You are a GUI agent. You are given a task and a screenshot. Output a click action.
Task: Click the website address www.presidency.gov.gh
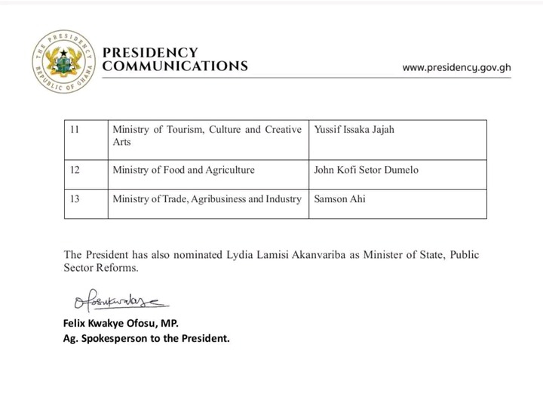[x=456, y=66]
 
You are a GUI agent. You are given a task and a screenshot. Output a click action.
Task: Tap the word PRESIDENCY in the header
[x=150, y=53]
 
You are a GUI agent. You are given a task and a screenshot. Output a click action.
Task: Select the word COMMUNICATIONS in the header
[x=174, y=66]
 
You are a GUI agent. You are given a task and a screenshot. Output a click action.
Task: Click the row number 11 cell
[x=74, y=131]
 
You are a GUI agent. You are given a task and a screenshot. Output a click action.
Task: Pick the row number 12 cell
[x=74, y=170]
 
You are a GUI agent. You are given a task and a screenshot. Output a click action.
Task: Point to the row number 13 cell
[x=74, y=199]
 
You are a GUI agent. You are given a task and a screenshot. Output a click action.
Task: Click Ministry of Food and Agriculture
[x=183, y=170]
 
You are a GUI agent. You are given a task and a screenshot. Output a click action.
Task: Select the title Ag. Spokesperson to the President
[x=146, y=338]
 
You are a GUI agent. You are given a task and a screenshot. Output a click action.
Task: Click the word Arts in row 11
[x=121, y=142]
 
